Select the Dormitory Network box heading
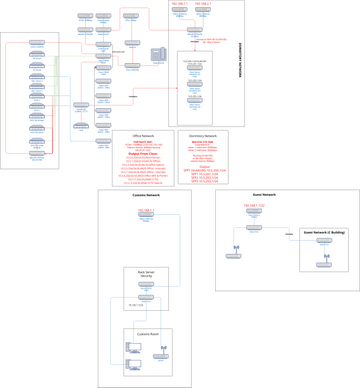pyautogui.click(x=203, y=135)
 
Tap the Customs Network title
pyautogui.click(x=146, y=195)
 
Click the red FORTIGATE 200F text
pyautogui.click(x=143, y=142)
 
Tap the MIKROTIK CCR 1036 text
pyautogui.click(x=203, y=142)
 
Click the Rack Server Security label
pyautogui.click(x=146, y=273)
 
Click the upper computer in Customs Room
pyautogui.click(x=133, y=348)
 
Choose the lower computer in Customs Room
pyautogui.click(x=133, y=364)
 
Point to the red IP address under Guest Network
pyautogui.click(x=254, y=206)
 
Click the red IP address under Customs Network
pyautogui.click(x=146, y=211)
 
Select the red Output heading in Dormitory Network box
pyautogui.click(x=203, y=167)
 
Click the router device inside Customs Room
pyautogui.click(x=161, y=355)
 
